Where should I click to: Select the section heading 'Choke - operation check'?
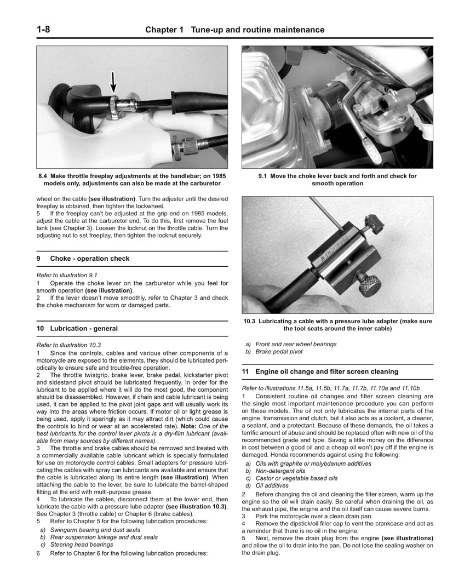point(90,259)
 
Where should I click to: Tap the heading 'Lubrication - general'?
point(83,329)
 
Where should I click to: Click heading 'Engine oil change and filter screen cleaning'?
point(326,371)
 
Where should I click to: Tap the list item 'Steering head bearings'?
point(82,545)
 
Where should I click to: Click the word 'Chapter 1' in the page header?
point(164,30)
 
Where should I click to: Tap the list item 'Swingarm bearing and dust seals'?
point(95,530)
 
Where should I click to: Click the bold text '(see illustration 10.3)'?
point(196,507)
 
